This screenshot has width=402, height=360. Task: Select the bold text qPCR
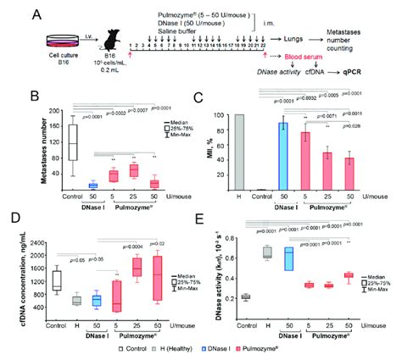pos(366,73)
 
